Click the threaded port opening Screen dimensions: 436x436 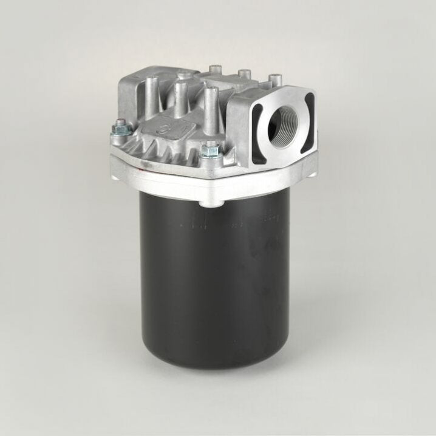pos(285,129)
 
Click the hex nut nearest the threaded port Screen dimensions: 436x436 pos(211,148)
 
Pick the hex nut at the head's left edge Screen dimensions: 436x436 pos(120,126)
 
